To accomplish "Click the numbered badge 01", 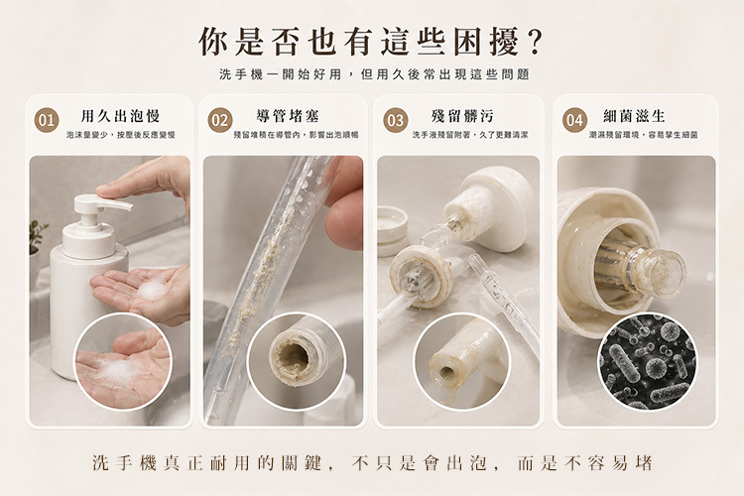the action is (x=47, y=120).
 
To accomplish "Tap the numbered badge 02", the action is (x=219, y=120).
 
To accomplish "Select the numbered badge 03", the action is (x=396, y=120).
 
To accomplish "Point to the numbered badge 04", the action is (x=574, y=120).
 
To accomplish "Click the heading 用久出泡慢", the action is (x=120, y=116).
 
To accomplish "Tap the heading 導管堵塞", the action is (x=288, y=116).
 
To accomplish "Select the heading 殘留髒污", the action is (x=462, y=116).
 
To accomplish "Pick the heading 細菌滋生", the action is (x=635, y=116).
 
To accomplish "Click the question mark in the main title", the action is (x=534, y=43).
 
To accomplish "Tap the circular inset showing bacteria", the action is (x=647, y=361).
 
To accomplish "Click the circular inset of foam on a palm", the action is (x=122, y=361).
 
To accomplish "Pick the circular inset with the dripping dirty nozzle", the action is (x=461, y=361).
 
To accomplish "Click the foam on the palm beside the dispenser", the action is (x=151, y=290).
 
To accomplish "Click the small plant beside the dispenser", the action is (x=36, y=236).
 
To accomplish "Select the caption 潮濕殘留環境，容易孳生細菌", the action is (x=644, y=135).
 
